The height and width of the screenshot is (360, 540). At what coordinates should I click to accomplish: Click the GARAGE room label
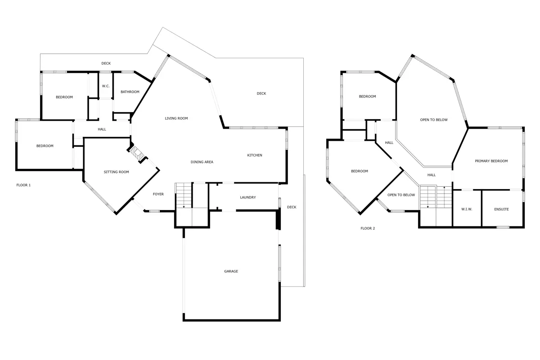click(x=231, y=271)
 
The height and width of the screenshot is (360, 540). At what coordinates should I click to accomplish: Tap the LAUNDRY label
click(x=248, y=197)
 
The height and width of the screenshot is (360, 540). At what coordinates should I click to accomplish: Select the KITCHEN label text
click(x=255, y=155)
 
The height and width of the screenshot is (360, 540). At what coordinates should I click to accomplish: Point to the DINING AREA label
click(x=202, y=162)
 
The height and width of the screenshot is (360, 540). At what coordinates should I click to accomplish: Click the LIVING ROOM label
click(x=176, y=118)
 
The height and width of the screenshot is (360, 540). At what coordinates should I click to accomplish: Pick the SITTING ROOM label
click(x=116, y=172)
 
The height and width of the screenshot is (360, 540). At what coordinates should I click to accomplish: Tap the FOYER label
click(x=158, y=194)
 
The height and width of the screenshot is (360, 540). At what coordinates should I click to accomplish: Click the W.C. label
click(x=106, y=86)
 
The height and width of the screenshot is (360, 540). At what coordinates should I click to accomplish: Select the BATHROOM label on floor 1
click(x=130, y=92)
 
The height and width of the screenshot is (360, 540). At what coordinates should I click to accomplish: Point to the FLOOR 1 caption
click(x=23, y=185)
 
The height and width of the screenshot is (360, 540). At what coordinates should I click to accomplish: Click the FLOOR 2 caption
click(x=368, y=228)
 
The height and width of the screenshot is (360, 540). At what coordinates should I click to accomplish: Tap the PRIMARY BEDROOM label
click(x=491, y=161)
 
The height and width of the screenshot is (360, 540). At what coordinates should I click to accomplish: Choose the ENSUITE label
click(x=501, y=209)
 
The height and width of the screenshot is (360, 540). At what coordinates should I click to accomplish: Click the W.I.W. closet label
click(x=467, y=209)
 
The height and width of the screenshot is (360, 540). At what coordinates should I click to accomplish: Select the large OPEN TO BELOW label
click(x=434, y=120)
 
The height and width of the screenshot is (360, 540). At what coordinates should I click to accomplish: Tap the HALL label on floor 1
click(x=102, y=129)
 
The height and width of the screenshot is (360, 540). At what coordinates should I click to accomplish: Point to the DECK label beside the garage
click(x=292, y=207)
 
